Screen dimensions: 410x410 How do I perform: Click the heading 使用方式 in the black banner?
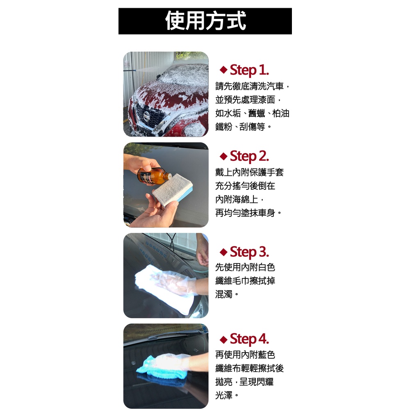(x=205, y=21)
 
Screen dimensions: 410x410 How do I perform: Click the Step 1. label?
(x=249, y=70)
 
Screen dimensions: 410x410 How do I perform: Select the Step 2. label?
(x=249, y=156)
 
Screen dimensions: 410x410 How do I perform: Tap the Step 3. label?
(x=249, y=252)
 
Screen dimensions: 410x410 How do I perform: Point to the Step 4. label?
(x=249, y=339)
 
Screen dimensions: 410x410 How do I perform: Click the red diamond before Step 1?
(x=223, y=70)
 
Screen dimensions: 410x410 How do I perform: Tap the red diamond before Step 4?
(x=223, y=339)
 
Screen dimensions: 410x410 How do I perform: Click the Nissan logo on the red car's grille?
(x=147, y=116)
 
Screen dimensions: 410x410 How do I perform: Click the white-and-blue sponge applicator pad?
(x=173, y=190)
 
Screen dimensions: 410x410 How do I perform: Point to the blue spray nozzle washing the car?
(x=130, y=71)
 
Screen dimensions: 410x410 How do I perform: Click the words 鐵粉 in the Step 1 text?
(x=223, y=127)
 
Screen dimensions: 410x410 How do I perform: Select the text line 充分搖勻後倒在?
(x=245, y=186)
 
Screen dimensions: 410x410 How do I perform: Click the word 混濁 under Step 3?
(x=223, y=294)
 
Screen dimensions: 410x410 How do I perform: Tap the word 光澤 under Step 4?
(x=223, y=395)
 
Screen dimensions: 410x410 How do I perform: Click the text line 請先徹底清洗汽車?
(x=249, y=86)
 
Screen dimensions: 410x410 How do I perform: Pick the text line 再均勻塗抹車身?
(x=245, y=213)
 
